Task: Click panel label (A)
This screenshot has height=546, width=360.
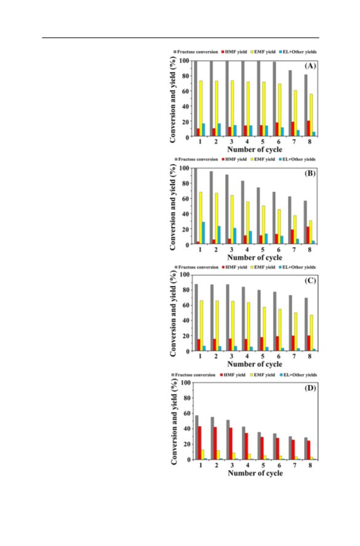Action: (x=310, y=66)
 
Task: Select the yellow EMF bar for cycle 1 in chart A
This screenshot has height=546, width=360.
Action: (x=201, y=109)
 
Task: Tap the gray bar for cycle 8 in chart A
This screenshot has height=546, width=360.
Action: (x=306, y=106)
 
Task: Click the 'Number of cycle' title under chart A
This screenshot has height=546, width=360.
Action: (x=255, y=149)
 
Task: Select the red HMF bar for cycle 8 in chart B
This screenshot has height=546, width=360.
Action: (x=308, y=235)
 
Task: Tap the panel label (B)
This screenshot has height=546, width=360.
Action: (x=310, y=173)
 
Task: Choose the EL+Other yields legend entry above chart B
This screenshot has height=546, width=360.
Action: (x=297, y=159)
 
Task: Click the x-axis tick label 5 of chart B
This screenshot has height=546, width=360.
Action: (x=263, y=250)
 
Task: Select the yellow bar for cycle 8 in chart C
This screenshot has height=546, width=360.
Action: (x=311, y=333)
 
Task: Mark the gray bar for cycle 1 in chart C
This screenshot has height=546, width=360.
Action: (x=196, y=317)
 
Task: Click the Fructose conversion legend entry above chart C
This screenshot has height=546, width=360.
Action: (x=196, y=267)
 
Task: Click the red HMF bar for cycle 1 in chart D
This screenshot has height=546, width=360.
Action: (x=199, y=443)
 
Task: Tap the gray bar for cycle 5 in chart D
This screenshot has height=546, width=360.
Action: (x=259, y=446)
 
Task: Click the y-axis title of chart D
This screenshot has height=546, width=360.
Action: (x=174, y=421)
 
